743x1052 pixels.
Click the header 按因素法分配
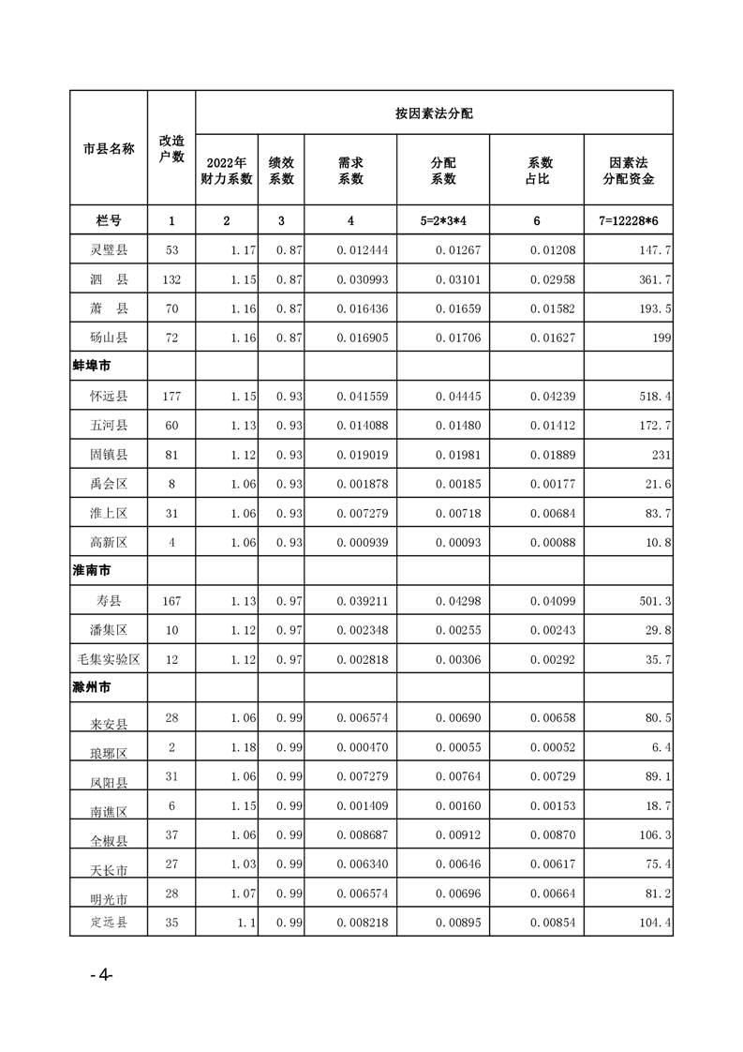[x=434, y=113]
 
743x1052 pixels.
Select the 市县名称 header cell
[x=109, y=148]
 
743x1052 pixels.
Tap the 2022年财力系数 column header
[x=227, y=171]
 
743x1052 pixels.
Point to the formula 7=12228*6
[x=628, y=220]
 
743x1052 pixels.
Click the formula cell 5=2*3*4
[x=443, y=220]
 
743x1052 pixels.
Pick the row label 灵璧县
[x=109, y=250]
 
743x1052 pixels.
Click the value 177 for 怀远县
[x=171, y=396]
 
